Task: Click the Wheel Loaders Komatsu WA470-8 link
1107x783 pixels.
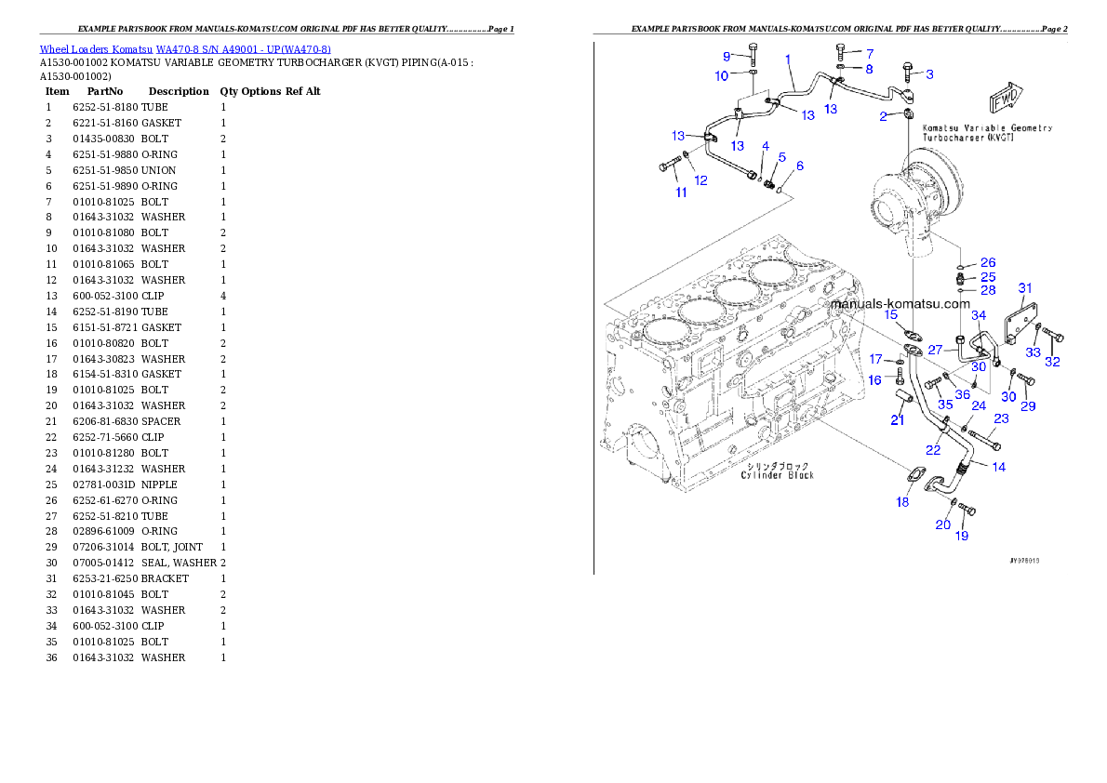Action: (185, 49)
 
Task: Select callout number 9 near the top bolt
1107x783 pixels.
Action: (727, 57)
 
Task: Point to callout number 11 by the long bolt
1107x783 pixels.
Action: (681, 192)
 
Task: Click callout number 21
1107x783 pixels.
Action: (897, 420)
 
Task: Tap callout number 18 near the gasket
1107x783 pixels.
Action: (902, 502)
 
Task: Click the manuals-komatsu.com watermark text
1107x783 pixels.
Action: (899, 303)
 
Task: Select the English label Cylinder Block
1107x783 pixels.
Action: (777, 475)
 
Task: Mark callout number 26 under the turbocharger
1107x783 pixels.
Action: (987, 263)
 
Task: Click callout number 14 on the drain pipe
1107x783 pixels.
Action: (998, 467)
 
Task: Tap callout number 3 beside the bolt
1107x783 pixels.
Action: (928, 73)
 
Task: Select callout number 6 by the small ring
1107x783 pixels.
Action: (799, 166)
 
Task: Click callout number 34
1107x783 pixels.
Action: (978, 316)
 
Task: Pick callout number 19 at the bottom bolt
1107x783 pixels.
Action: (961, 536)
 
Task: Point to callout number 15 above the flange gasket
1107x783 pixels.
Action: (890, 315)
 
